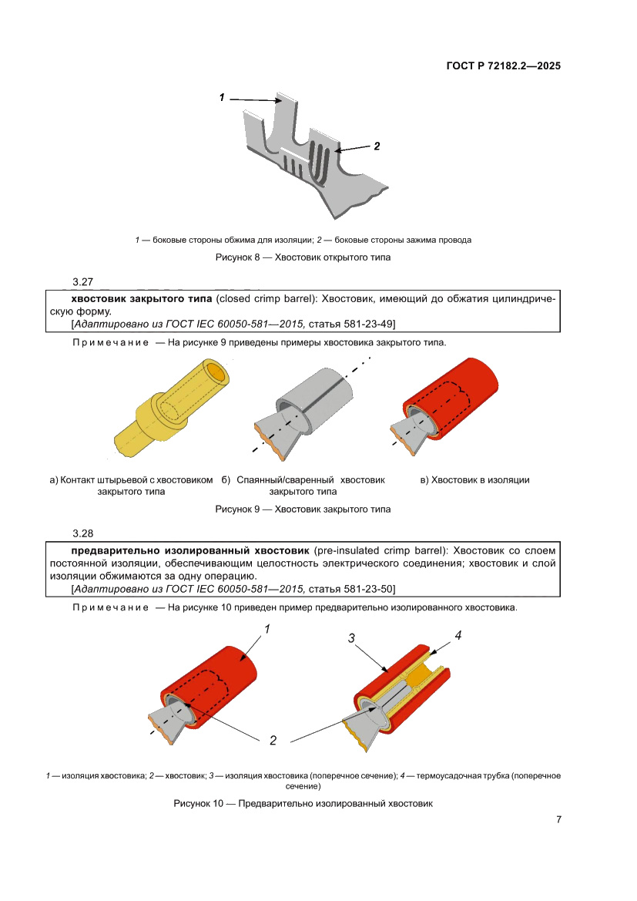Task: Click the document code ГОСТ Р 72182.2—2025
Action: [x=503, y=66]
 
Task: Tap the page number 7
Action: [x=558, y=819]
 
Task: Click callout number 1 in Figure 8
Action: [x=222, y=98]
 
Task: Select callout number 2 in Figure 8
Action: [x=377, y=146]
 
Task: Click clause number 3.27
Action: [x=82, y=283]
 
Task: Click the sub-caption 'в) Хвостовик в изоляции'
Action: [x=474, y=480]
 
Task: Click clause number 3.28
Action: [x=82, y=534]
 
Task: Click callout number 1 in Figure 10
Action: [x=267, y=630]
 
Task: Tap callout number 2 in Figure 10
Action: [x=273, y=741]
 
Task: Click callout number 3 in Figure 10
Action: [x=351, y=637]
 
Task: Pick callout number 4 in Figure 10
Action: [x=458, y=636]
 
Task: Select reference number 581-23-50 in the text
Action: [x=367, y=589]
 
